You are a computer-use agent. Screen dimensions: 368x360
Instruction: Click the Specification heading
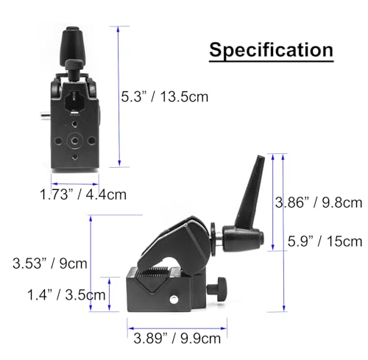coord(271,50)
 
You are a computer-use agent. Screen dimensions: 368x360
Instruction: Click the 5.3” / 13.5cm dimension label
coord(165,96)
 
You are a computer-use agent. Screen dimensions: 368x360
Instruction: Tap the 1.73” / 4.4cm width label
coord(83,194)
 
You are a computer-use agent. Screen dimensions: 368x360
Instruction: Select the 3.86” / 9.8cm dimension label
coord(319,202)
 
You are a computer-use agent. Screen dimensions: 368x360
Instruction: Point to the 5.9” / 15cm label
coord(325,241)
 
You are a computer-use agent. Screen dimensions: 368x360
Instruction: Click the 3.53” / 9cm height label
coord(50,264)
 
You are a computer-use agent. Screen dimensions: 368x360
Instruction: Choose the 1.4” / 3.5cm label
coord(66,294)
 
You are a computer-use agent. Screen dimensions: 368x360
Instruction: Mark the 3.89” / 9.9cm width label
coord(177,339)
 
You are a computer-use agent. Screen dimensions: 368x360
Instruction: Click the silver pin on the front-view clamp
coord(46,115)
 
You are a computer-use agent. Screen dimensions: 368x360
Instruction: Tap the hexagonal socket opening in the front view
coord(74,101)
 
